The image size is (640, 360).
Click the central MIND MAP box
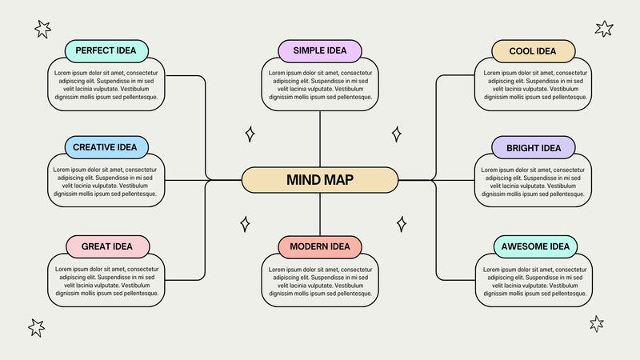319,180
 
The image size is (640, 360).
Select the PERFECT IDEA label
106,51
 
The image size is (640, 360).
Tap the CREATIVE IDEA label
106,147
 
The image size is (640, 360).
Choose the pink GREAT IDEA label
106,246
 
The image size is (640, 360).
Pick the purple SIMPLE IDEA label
320,51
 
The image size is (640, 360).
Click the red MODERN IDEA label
320,246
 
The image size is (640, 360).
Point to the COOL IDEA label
534,51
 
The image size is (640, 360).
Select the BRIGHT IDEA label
534,147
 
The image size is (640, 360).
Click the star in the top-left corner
42,30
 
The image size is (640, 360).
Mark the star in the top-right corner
604,29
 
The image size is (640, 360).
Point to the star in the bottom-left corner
37,327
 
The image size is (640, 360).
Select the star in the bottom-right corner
597,323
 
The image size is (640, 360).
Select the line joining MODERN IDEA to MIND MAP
320,214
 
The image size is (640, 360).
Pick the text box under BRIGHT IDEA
534,182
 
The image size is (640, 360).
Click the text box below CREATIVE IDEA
106,182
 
